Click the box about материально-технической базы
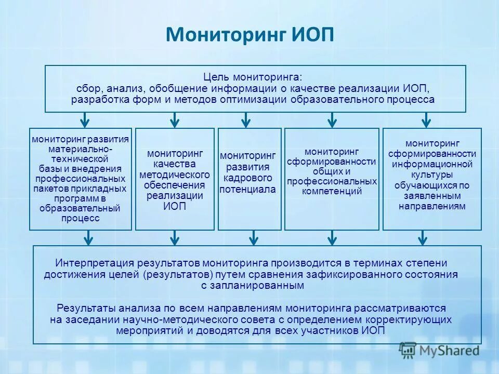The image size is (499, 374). coord(81,179)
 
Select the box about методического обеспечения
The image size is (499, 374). coord(175,179)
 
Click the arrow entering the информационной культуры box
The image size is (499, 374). coord(426,120)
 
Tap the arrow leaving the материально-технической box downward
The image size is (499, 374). coord(89,237)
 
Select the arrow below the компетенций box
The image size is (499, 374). coord(332,237)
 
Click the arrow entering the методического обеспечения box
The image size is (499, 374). coord(175,120)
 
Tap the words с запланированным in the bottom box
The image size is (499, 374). coord(252,285)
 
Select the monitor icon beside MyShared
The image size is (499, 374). coord(408,350)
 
